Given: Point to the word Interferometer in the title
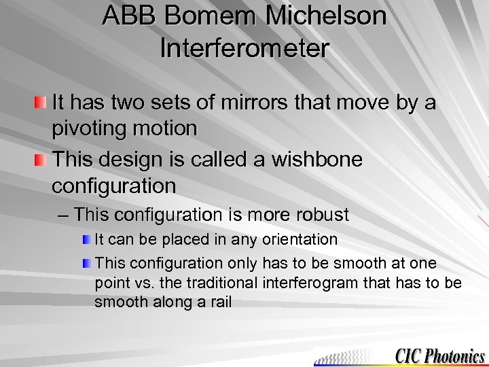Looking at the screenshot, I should pos(244,48).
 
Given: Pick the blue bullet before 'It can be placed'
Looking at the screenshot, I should pos(86,240).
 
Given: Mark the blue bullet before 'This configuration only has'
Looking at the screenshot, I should pos(86,263).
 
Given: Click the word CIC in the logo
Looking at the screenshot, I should pos(408,355).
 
